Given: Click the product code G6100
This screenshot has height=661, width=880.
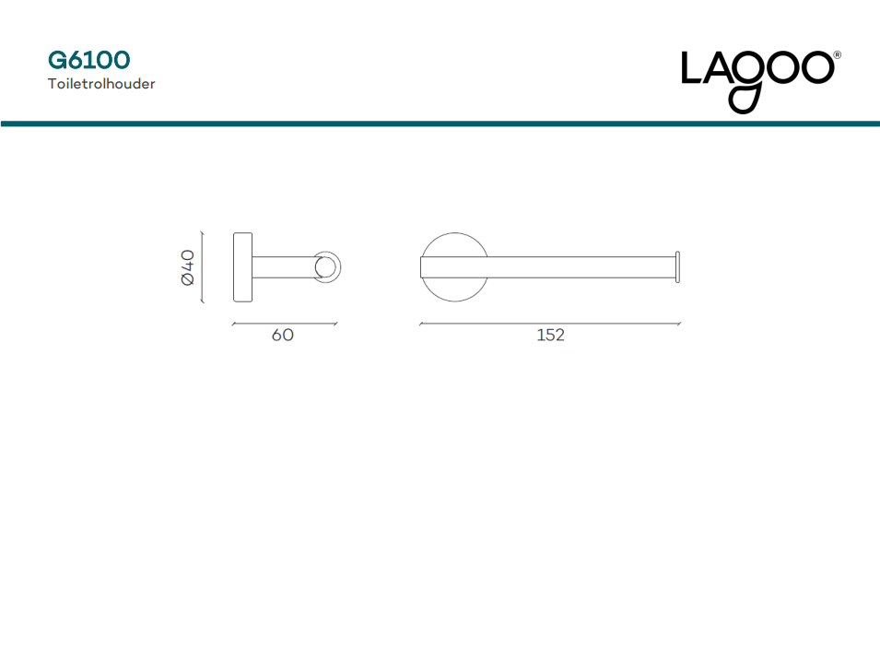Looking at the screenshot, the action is coord(88,60).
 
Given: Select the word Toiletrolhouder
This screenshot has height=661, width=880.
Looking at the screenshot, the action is coord(101,84).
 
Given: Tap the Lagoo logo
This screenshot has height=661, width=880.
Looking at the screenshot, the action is coord(760,81).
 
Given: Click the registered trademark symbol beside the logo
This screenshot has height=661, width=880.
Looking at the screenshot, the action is coord(838,55).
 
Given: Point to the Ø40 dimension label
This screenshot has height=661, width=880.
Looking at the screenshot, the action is coord(187,267).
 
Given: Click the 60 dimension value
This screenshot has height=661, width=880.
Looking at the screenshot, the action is coord(282,336).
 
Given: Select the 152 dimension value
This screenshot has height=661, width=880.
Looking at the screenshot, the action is coord(550,336).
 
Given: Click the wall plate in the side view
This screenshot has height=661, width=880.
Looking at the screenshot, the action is coord(242,267).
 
